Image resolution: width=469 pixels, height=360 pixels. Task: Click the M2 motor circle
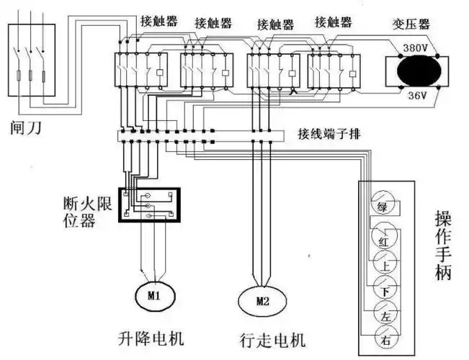coord(263,300)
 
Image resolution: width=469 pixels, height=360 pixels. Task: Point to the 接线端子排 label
coord(327,134)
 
